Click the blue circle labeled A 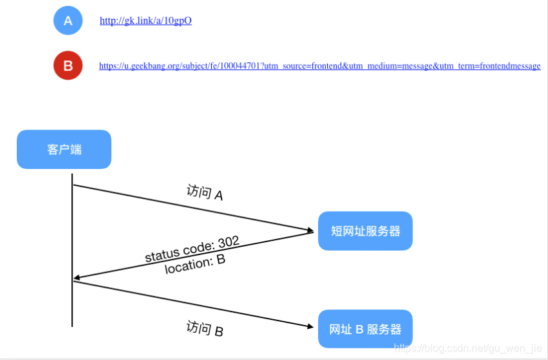click(68, 20)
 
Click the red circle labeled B click(68, 65)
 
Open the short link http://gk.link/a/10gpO click(146, 21)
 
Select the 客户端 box click(64, 150)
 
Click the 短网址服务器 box click(365, 231)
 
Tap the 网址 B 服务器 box click(365, 329)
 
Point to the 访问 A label click(205, 192)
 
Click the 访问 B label click(205, 329)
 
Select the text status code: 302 click(192, 249)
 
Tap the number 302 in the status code click(229, 242)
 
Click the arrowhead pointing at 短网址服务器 click(310, 230)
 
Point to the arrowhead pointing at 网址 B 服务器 click(310, 326)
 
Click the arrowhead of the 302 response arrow click(77, 279)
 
